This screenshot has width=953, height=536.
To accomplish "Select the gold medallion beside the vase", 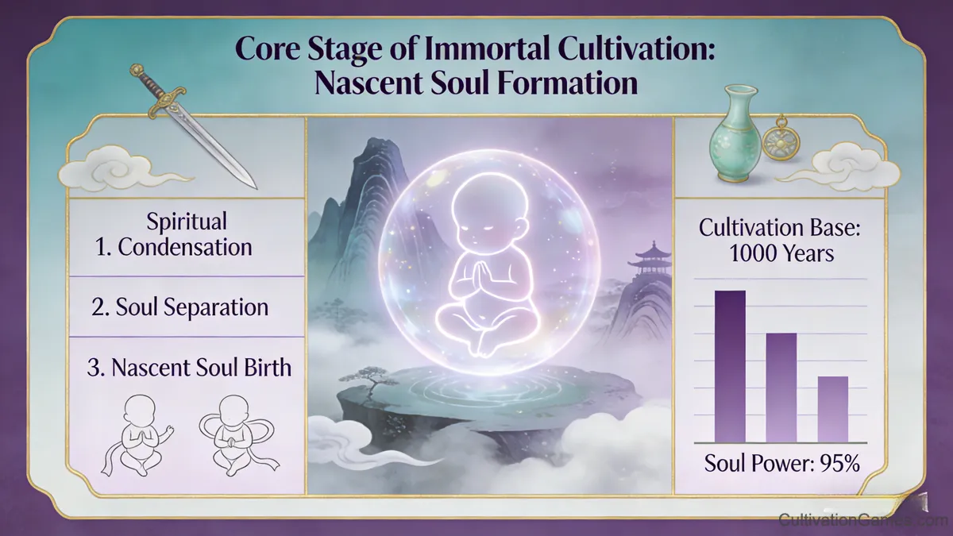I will point(778,141).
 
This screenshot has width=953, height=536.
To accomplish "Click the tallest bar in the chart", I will point(731,365).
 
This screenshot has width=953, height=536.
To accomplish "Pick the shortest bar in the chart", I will point(832,408).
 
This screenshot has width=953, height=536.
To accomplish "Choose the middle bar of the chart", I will point(781,387).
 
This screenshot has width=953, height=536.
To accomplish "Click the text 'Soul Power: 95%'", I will point(782,463).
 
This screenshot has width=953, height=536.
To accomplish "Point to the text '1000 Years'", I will point(781,256).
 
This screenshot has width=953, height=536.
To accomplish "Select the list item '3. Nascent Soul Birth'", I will point(190,368).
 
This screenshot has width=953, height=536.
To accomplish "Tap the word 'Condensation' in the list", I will point(185,246).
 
